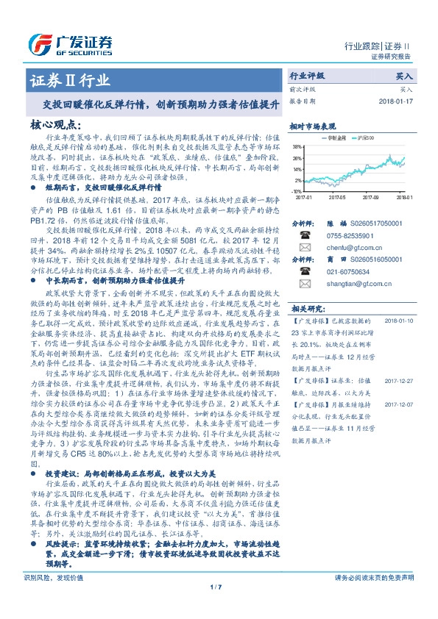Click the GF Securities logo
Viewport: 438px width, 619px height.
(x=70, y=43)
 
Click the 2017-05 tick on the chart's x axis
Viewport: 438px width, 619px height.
(x=338, y=197)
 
